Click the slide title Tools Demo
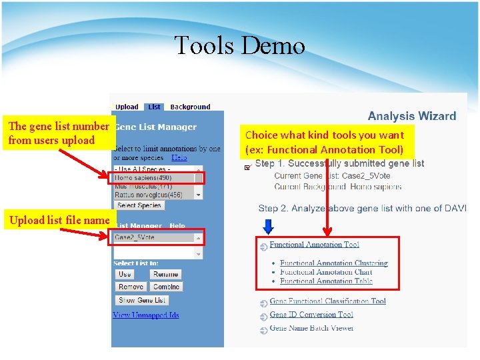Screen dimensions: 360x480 click(x=239, y=45)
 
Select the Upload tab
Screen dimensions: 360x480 click(x=127, y=107)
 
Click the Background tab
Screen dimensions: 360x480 click(x=190, y=107)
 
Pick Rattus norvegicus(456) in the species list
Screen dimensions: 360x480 click(x=148, y=195)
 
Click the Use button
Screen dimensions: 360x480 click(x=125, y=274)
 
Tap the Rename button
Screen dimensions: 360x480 click(x=165, y=274)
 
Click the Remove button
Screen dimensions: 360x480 click(x=131, y=287)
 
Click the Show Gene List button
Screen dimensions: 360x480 click(x=142, y=300)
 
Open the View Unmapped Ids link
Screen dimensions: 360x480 click(x=146, y=315)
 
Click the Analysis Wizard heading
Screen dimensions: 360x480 click(x=411, y=116)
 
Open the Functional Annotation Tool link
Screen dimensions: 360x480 click(x=314, y=245)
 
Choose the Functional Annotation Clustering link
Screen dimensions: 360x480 click(x=333, y=263)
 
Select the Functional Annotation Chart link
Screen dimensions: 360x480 click(x=326, y=272)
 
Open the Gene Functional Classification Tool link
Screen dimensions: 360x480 click(x=327, y=301)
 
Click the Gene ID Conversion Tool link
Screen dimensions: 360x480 click(x=311, y=315)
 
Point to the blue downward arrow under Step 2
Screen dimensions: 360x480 click(x=268, y=227)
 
